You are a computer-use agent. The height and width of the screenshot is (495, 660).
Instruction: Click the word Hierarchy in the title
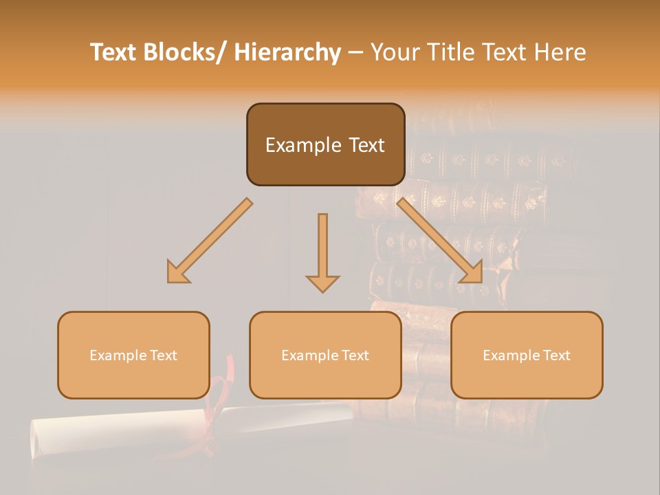[x=287, y=52]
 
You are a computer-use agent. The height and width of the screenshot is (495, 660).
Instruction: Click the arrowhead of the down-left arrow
[x=177, y=273]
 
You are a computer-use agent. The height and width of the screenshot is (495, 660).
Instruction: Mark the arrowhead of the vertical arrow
[x=322, y=283]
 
